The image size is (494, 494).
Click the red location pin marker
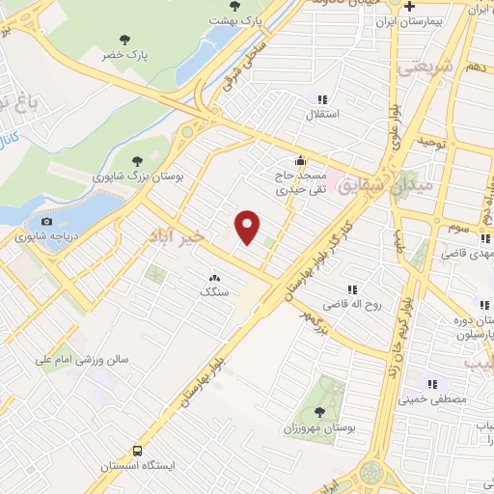[248, 227]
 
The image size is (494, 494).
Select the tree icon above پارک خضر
[124, 41]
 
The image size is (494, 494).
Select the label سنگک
[212, 290]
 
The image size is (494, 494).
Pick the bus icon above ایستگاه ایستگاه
[137, 451]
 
